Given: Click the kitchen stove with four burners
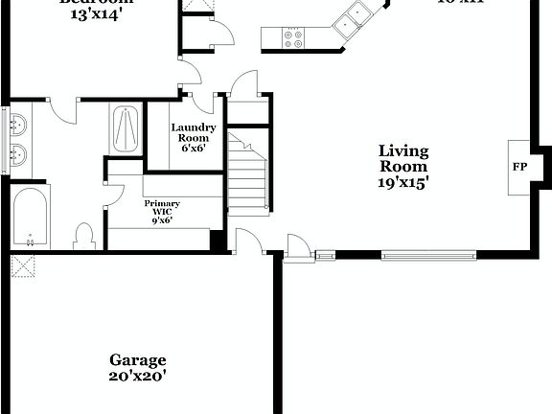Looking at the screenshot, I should pos(294,38).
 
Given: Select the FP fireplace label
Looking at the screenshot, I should pos(519,167).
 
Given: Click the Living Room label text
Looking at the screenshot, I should pos(403,158).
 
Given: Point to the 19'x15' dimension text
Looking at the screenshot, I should pos(403,181).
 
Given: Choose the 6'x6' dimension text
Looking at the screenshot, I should pos(193,149).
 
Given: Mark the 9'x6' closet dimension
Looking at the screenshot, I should pos(162,220).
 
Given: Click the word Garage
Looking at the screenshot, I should pos(137,360).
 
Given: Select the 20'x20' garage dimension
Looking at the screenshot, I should pos(137,377).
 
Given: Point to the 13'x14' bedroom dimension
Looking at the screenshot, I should pos(96,16).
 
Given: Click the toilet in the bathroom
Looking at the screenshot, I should pos(84,236).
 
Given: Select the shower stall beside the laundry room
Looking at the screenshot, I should pos(126,128).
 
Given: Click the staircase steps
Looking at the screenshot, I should pos(246,177).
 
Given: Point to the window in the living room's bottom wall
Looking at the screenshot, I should pos(428,255).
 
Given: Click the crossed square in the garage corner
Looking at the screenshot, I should pos(21,264).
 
